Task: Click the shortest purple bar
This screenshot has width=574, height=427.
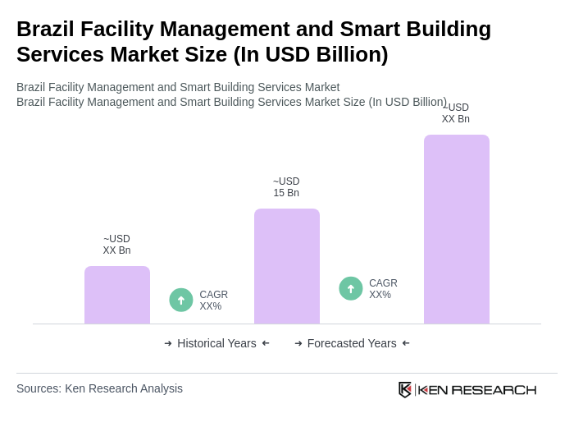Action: point(117,295)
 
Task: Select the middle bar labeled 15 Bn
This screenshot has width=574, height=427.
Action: point(287,266)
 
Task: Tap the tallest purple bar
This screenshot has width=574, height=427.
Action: point(457,229)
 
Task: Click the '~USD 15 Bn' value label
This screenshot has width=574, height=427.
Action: point(286,187)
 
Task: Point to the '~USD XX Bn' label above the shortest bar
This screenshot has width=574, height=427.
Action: point(116,245)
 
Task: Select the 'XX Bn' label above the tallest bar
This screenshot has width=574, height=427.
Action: point(456,119)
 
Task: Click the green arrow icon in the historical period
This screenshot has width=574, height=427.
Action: point(181,301)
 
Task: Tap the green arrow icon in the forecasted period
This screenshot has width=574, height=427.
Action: point(351,289)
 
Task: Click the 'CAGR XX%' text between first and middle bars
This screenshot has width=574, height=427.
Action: point(214,301)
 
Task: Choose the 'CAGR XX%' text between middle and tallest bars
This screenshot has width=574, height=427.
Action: point(383,289)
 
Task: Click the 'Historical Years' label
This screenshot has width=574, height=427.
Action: point(216,343)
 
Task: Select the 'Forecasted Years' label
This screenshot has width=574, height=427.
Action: point(352,343)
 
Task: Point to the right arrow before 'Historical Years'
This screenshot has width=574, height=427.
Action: point(168,343)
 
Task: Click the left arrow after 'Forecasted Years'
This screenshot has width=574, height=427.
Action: point(406,343)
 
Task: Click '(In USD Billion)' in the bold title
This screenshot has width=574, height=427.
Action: point(311,54)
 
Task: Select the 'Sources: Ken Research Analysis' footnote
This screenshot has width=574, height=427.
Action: point(99,388)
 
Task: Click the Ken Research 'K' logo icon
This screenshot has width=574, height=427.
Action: point(405,389)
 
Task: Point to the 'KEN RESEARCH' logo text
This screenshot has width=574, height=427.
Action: point(477,389)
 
